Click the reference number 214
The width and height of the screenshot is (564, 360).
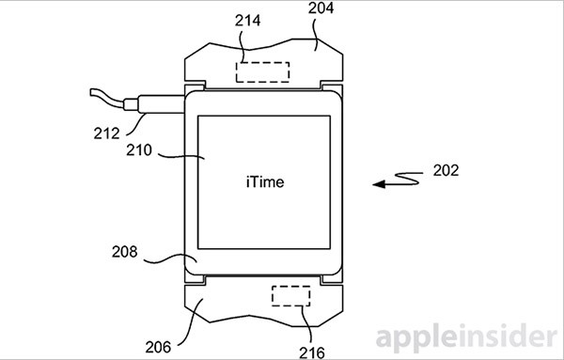point(247,21)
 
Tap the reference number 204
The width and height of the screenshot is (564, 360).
point(321,8)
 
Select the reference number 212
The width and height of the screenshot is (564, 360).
point(106,133)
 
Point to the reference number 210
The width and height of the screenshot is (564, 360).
point(139,150)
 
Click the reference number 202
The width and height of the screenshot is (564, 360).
point(446,170)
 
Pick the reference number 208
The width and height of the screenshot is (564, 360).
point(124,252)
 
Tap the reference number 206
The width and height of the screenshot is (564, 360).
point(158,348)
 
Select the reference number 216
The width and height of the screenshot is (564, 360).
point(312,352)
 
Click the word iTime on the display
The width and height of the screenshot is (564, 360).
point(265,182)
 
